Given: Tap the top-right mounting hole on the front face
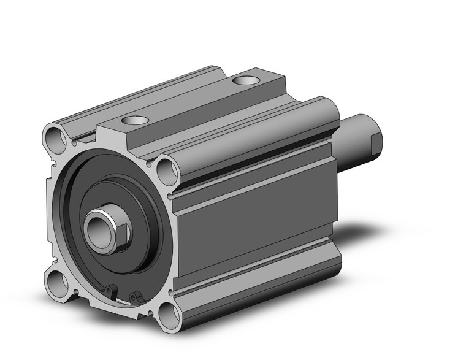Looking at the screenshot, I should pyautogui.click(x=166, y=171).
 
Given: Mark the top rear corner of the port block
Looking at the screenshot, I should pyautogui.click(x=283, y=76).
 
